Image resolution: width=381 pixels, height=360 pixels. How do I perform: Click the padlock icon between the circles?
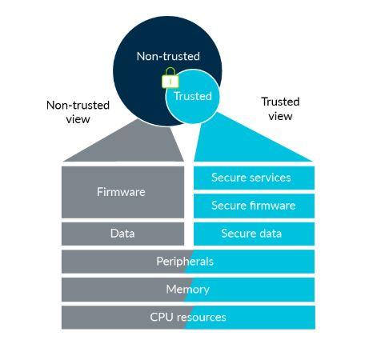(170, 79)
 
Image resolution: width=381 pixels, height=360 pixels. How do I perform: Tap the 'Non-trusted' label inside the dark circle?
(168, 56)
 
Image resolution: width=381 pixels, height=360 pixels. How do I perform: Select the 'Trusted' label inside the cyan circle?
(193, 96)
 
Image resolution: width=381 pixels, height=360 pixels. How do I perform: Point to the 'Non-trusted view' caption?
(78, 112)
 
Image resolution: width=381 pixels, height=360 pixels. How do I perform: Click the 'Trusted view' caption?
(280, 109)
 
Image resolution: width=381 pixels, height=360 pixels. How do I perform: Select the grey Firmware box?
(121, 192)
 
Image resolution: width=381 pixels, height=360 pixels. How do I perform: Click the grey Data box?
(122, 234)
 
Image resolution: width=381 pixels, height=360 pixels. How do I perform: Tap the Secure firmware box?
(254, 206)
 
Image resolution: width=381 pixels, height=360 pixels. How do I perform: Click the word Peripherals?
(185, 262)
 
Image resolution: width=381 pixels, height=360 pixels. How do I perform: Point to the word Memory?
(187, 290)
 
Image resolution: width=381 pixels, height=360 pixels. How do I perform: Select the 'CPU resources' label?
(188, 318)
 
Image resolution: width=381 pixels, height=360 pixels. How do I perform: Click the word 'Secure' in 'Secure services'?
(228, 178)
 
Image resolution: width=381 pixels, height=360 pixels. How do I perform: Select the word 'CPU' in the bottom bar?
(162, 318)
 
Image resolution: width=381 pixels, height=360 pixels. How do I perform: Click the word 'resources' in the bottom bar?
(201, 318)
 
